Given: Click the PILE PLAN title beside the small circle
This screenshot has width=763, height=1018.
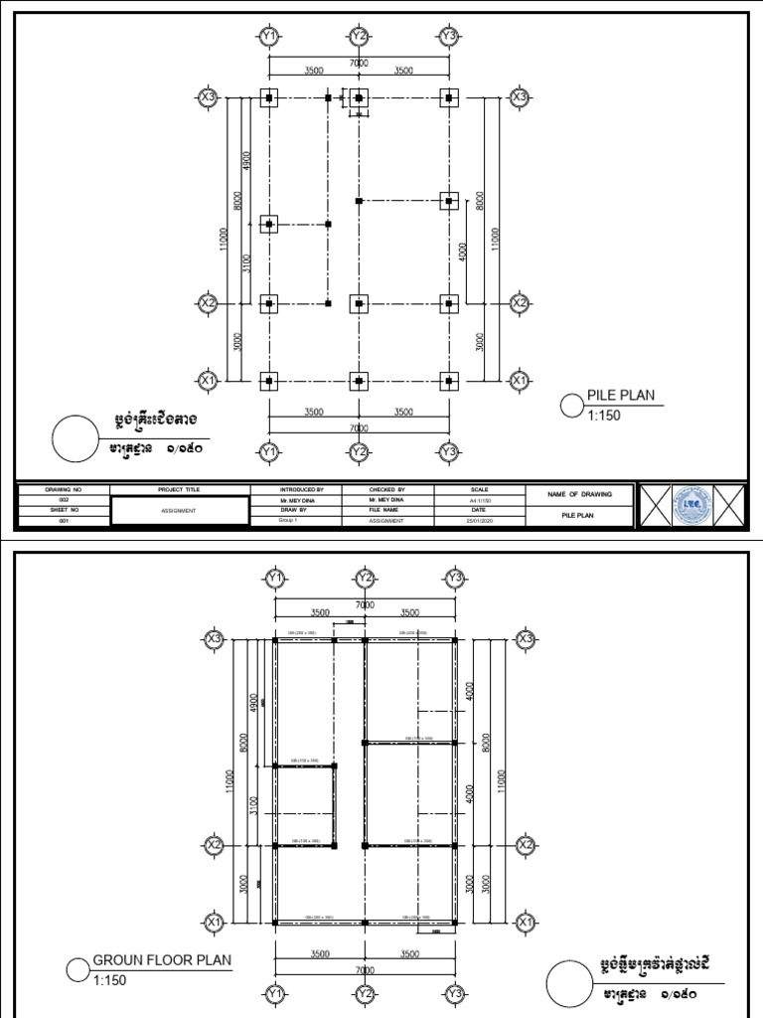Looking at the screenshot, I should point(621,396).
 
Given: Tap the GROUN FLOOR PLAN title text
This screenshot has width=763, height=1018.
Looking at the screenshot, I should point(162,960).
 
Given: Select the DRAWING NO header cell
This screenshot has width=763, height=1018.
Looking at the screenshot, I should point(62,490).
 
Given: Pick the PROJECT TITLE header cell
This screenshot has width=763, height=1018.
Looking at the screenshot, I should point(179,490).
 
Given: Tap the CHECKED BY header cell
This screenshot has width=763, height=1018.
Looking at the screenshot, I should point(386,490).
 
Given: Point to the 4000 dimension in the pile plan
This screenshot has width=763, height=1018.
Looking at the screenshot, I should point(463,252).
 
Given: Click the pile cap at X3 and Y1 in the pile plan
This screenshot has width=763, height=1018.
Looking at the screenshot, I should point(268,97).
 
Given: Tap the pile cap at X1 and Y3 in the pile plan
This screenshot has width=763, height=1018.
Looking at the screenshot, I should point(449,381).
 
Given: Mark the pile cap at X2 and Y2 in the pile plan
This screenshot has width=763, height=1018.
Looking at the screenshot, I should point(359,302).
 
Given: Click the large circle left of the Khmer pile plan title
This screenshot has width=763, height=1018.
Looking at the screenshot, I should point(76,437).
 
